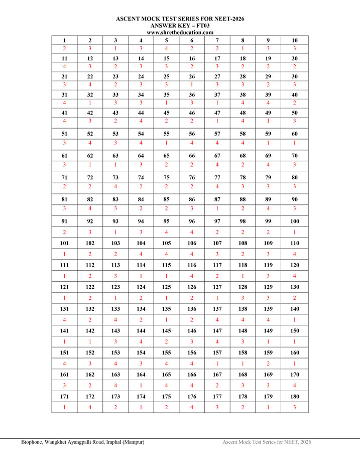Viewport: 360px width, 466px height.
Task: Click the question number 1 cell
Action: click(x=64, y=40)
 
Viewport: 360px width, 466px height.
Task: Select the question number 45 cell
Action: click(x=167, y=112)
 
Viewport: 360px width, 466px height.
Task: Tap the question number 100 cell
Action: click(x=295, y=221)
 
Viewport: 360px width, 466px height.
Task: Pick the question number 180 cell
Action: click(x=295, y=396)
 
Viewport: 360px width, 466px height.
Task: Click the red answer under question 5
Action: click(x=167, y=49)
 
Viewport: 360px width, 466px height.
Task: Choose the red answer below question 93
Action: click(x=115, y=232)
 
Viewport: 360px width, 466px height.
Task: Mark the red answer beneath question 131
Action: click(x=64, y=319)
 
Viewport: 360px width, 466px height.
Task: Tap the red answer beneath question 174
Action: click(x=141, y=407)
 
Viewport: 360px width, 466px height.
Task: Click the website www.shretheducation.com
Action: click(x=180, y=32)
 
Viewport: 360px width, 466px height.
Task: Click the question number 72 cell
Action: click(x=90, y=177)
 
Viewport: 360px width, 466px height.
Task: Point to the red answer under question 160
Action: click(x=295, y=363)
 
